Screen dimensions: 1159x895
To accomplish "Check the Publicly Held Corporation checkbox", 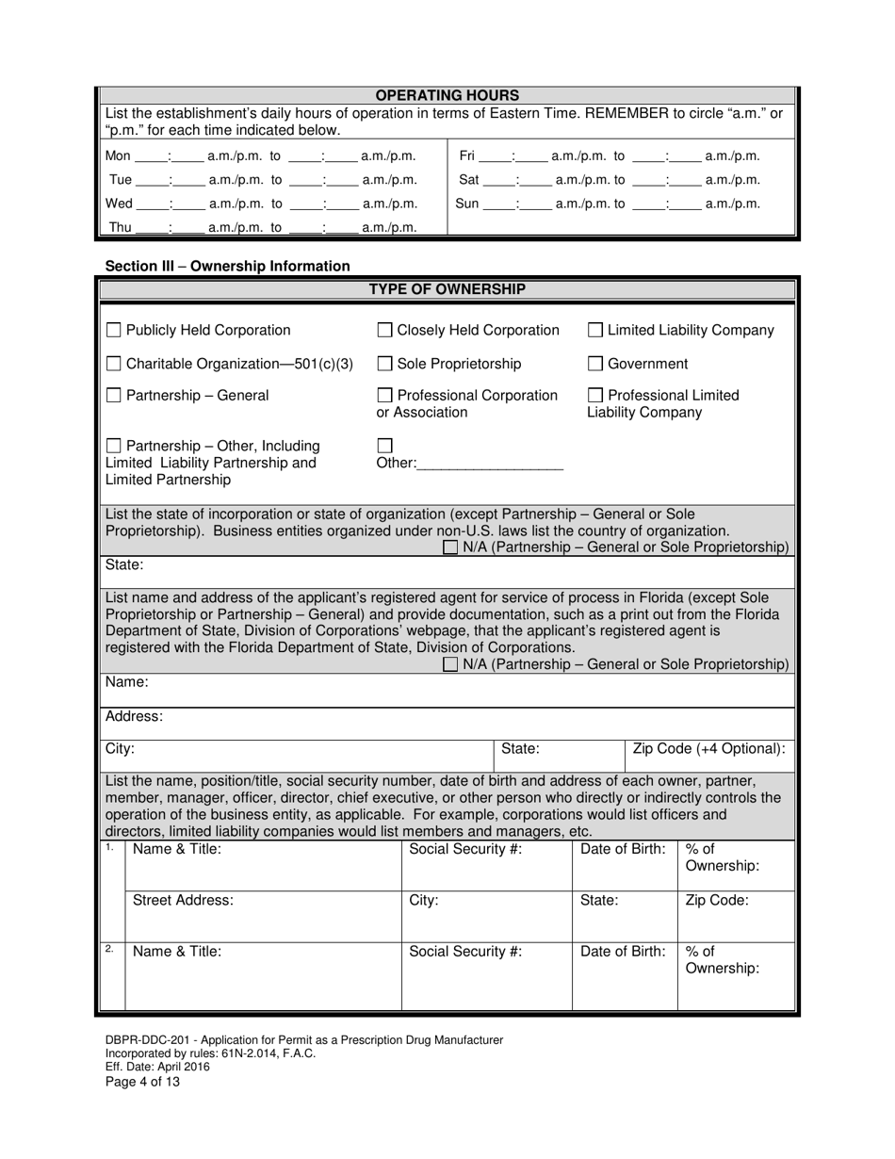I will pyautogui.click(x=113, y=331).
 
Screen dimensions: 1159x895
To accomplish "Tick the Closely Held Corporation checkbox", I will pyautogui.click(x=384, y=331).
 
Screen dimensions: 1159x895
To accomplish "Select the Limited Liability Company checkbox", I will pyautogui.click(x=595, y=331).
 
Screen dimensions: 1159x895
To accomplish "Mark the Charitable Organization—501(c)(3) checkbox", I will pyautogui.click(x=113, y=364).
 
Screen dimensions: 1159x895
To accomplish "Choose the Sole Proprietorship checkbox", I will pyautogui.click(x=384, y=364).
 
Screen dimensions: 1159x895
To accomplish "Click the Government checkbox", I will pyautogui.click(x=595, y=364).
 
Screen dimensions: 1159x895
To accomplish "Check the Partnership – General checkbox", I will pyautogui.click(x=113, y=396).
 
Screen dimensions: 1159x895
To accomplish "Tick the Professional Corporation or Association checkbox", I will pyautogui.click(x=384, y=396).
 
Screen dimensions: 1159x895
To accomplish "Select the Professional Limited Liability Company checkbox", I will pyautogui.click(x=595, y=396).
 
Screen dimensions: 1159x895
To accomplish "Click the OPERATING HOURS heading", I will pyautogui.click(x=447, y=95).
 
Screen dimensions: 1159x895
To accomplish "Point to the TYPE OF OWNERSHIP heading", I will pyautogui.click(x=447, y=289).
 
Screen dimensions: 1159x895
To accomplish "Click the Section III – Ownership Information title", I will pyautogui.click(x=227, y=267).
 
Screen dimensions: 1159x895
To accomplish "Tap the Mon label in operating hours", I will pyautogui.click(x=118, y=156).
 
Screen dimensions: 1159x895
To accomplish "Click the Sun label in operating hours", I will pyautogui.click(x=467, y=204).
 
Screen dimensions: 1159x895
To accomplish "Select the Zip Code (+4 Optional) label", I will pyautogui.click(x=708, y=749).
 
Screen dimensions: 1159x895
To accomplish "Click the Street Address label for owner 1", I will pyautogui.click(x=183, y=900).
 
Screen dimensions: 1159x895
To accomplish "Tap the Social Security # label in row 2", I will pyautogui.click(x=465, y=951).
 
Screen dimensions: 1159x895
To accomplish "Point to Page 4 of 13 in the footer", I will pyautogui.click(x=142, y=1082).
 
